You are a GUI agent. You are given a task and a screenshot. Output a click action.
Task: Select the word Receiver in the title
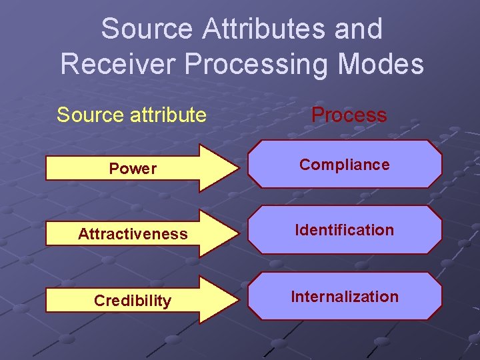click(x=117, y=64)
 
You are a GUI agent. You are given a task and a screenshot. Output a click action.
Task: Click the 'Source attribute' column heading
click(x=131, y=115)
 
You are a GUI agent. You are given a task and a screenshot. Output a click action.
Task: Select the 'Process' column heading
click(x=349, y=115)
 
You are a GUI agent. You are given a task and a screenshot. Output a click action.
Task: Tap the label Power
click(x=133, y=169)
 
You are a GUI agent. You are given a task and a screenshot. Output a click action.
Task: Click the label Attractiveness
click(x=133, y=234)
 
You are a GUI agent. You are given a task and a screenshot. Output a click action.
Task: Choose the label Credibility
click(x=133, y=301)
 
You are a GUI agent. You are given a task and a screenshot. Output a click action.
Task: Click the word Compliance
click(x=344, y=165)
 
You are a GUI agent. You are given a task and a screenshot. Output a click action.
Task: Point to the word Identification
click(x=345, y=230)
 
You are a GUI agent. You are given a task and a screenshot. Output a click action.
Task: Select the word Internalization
click(x=345, y=297)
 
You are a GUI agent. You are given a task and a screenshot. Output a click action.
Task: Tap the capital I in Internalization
click(x=293, y=297)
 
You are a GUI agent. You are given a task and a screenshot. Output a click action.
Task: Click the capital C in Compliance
click(x=305, y=165)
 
